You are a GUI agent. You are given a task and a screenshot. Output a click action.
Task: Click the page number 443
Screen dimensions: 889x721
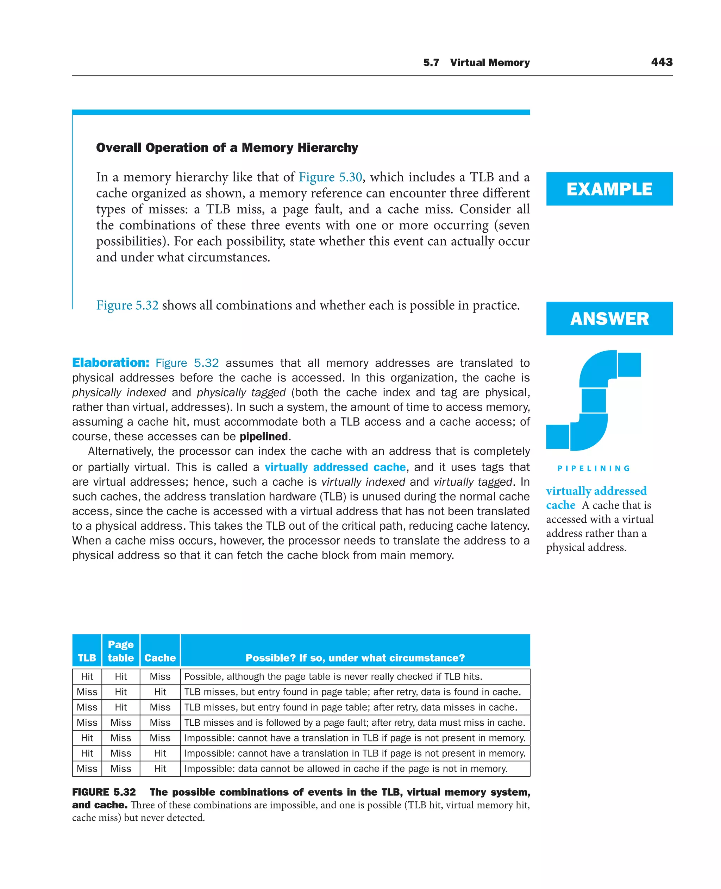[x=662, y=62]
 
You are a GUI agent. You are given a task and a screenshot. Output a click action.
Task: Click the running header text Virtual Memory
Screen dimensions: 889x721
[x=490, y=63]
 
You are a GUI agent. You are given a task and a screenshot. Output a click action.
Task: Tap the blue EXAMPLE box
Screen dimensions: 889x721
[x=609, y=189]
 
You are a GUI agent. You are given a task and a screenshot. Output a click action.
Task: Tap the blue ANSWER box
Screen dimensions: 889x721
[x=609, y=319]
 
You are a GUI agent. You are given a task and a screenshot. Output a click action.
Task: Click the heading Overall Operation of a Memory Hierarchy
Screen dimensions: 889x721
[x=227, y=148]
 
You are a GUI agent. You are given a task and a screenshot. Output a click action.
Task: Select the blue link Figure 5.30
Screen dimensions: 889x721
[x=330, y=177]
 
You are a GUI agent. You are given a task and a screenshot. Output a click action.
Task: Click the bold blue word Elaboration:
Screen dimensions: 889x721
[x=111, y=362]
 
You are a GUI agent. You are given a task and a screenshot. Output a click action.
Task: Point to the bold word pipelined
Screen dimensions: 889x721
[x=264, y=436]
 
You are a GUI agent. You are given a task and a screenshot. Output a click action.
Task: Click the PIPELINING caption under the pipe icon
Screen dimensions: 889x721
[x=594, y=468]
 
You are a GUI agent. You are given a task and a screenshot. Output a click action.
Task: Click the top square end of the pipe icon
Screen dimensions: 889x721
[x=629, y=365]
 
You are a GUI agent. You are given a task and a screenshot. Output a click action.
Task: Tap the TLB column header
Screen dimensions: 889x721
[x=87, y=657]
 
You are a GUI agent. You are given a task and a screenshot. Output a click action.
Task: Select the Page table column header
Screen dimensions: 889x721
[x=121, y=651]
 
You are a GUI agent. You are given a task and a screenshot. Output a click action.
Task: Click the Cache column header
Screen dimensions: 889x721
[x=160, y=657]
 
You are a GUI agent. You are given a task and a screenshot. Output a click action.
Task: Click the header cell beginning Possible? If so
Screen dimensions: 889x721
[x=355, y=657]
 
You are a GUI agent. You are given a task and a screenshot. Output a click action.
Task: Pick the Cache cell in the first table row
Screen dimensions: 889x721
[x=160, y=676]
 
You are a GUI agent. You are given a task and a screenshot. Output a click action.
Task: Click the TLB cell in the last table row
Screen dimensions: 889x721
[x=87, y=769]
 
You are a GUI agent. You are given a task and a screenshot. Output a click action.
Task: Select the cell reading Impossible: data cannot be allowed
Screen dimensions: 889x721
[x=346, y=769]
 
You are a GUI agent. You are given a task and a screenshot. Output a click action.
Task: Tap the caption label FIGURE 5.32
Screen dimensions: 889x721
[x=104, y=792]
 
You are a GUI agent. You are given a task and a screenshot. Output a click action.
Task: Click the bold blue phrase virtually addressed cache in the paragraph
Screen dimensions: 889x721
[x=335, y=467]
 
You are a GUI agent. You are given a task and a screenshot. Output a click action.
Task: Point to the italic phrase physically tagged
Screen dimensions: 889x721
[x=241, y=392]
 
